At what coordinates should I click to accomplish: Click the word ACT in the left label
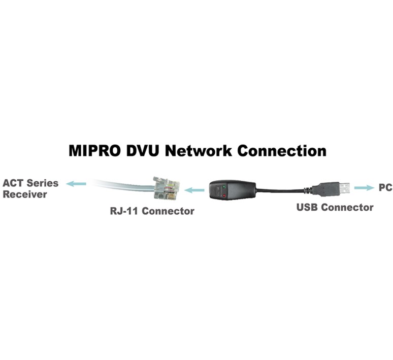pos(13,183)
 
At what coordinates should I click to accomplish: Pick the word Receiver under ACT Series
pos(25,194)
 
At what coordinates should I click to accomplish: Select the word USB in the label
pos(308,207)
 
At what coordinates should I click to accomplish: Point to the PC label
pos(385,188)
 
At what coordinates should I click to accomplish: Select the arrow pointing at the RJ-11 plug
pos(194,190)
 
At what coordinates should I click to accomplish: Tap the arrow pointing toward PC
pos(364,188)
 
